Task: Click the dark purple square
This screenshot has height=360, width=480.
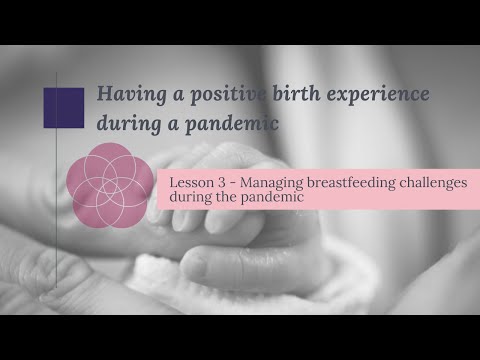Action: click(65, 107)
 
